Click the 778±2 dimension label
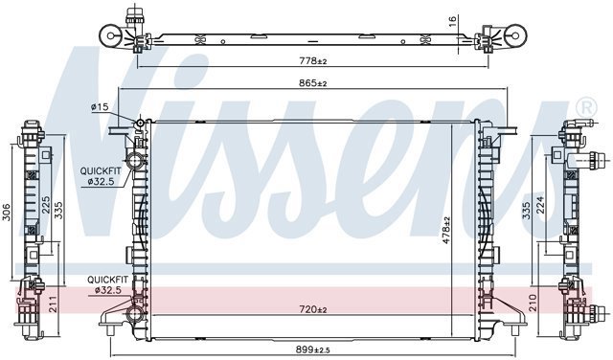coord(313,61)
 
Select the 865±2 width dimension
coord(313,83)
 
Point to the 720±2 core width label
coord(313,309)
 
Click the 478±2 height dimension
coord(446,230)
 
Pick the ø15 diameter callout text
coord(100,106)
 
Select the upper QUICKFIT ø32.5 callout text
coord(101,176)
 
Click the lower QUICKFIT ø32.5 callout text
coord(106,284)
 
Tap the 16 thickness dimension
coord(453,21)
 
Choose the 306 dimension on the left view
coord(7,213)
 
